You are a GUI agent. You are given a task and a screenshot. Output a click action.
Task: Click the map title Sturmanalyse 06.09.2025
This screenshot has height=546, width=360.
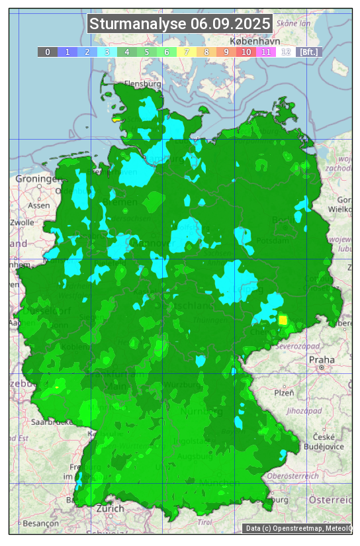[x=180, y=24]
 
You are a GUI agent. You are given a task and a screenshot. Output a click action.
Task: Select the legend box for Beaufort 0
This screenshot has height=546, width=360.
[x=48, y=52]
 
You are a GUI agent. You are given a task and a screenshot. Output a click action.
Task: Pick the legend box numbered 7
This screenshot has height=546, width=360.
[x=187, y=52]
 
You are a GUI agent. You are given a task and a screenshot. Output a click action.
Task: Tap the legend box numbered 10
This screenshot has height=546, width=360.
[x=246, y=52]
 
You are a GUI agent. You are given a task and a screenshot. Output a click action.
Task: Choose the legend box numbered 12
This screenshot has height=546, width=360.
[x=286, y=52]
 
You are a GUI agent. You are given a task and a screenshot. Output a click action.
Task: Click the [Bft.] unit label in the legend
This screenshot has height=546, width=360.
[x=308, y=52]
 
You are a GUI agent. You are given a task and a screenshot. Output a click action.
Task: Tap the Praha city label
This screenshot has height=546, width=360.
[x=322, y=359]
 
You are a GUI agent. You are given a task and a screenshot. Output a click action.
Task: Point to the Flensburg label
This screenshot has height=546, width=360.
[x=142, y=84]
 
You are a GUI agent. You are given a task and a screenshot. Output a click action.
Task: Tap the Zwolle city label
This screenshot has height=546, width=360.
[x=22, y=222]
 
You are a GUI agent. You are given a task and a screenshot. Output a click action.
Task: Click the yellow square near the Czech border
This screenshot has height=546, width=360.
[x=283, y=320]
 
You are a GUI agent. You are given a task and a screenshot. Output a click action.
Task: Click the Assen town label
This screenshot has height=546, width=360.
[x=39, y=205]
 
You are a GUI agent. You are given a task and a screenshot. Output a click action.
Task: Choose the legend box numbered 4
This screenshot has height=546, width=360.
[x=127, y=52]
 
